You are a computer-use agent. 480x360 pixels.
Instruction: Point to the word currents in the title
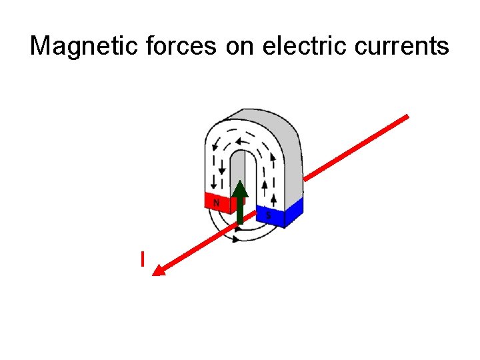coord(401,46)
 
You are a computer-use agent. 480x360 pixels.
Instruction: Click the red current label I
coord(142,259)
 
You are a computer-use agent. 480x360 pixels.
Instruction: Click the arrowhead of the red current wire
coord(159,270)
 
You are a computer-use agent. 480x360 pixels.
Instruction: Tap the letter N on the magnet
coord(216,201)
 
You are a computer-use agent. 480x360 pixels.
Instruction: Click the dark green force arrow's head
coord(241,189)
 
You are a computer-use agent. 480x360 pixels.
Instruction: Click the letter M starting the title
coord(41,46)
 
